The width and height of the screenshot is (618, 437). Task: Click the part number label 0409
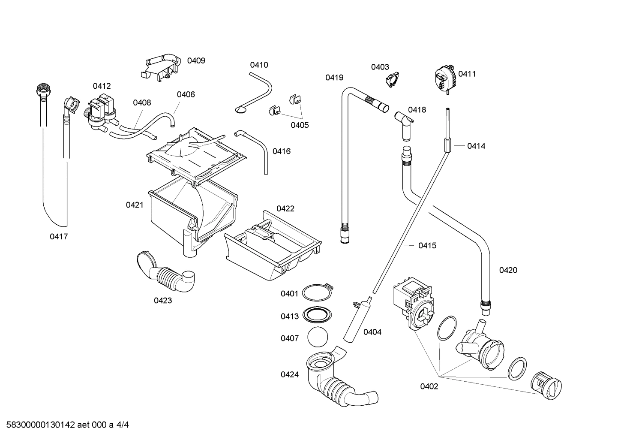click(x=196, y=60)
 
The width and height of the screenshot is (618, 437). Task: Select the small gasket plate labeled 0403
click(x=391, y=81)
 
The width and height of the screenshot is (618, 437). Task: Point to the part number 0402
click(x=429, y=386)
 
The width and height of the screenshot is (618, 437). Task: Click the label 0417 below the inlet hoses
click(x=59, y=236)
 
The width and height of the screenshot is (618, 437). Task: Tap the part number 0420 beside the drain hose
click(x=508, y=270)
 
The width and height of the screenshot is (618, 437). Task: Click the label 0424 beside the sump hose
click(x=290, y=374)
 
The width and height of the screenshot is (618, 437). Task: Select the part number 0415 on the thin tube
click(x=427, y=245)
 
